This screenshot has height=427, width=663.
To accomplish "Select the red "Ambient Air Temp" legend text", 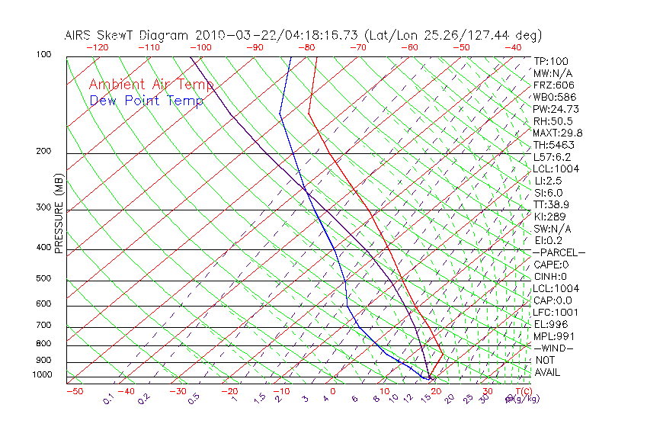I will click(151, 85).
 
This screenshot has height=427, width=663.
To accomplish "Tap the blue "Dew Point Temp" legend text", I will click(146, 101).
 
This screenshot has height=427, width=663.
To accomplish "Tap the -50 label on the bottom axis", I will click(75, 391).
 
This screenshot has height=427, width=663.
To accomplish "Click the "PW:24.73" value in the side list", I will click(555, 109).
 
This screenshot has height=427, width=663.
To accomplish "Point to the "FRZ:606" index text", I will click(554, 85).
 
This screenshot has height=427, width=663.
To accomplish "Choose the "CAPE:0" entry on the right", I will click(551, 265).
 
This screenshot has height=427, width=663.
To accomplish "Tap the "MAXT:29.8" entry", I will click(555, 133).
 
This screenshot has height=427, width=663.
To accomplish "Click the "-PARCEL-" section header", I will click(559, 252).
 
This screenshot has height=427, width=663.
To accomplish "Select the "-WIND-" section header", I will click(553, 348).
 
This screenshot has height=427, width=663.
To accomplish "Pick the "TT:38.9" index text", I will click(551, 205).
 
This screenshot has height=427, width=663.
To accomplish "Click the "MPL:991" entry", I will click(552, 336).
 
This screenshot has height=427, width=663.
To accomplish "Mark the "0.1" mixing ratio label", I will click(109, 399).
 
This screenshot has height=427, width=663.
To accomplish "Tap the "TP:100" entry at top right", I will click(551, 61).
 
